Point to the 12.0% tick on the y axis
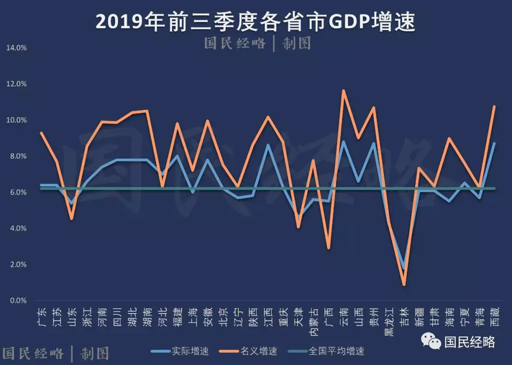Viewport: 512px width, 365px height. coord(17,84)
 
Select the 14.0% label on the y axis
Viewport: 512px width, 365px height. coord(17,48)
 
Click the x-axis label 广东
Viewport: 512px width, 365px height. coord(42,316)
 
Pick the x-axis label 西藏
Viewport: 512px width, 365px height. coord(494,316)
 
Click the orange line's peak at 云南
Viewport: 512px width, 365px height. coord(343,90)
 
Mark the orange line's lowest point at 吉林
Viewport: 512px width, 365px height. coord(404,285)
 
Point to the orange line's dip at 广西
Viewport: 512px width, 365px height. coord(328,248)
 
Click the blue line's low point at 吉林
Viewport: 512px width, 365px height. coord(404,268)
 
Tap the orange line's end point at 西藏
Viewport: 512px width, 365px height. coord(494,107)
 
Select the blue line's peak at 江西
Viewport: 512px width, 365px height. coord(268,145)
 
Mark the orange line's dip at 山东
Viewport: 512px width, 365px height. coord(72,219)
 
